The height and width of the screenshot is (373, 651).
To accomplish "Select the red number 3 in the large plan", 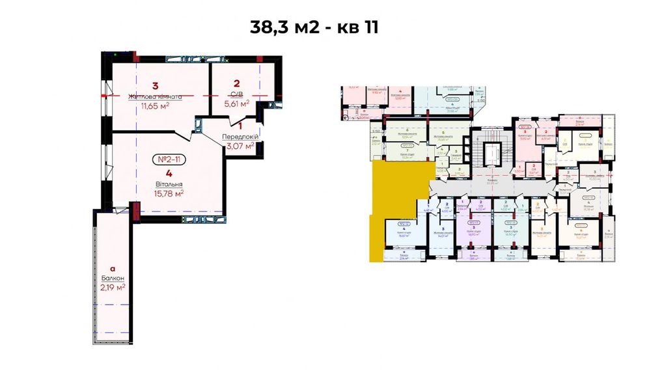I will coord(155,85).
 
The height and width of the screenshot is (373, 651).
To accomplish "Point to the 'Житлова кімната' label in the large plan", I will coord(155,96).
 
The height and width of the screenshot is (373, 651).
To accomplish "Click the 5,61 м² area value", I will coord(236,104).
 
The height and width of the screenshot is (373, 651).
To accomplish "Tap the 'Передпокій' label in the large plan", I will coord(240,137).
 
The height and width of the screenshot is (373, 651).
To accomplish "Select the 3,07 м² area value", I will coord(240,146).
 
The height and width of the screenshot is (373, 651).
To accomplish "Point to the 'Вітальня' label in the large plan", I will coord(169,184).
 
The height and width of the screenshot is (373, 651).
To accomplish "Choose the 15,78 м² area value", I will coord(169,193).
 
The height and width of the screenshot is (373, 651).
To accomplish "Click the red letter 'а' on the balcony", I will coord(112,268).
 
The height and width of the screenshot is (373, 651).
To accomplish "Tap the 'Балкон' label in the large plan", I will coord(112,277).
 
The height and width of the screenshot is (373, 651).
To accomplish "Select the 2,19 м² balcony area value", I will coord(112,286).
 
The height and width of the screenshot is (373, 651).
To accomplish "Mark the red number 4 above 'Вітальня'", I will coord(169,173).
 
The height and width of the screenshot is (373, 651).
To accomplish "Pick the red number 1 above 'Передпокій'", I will coord(240,126).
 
